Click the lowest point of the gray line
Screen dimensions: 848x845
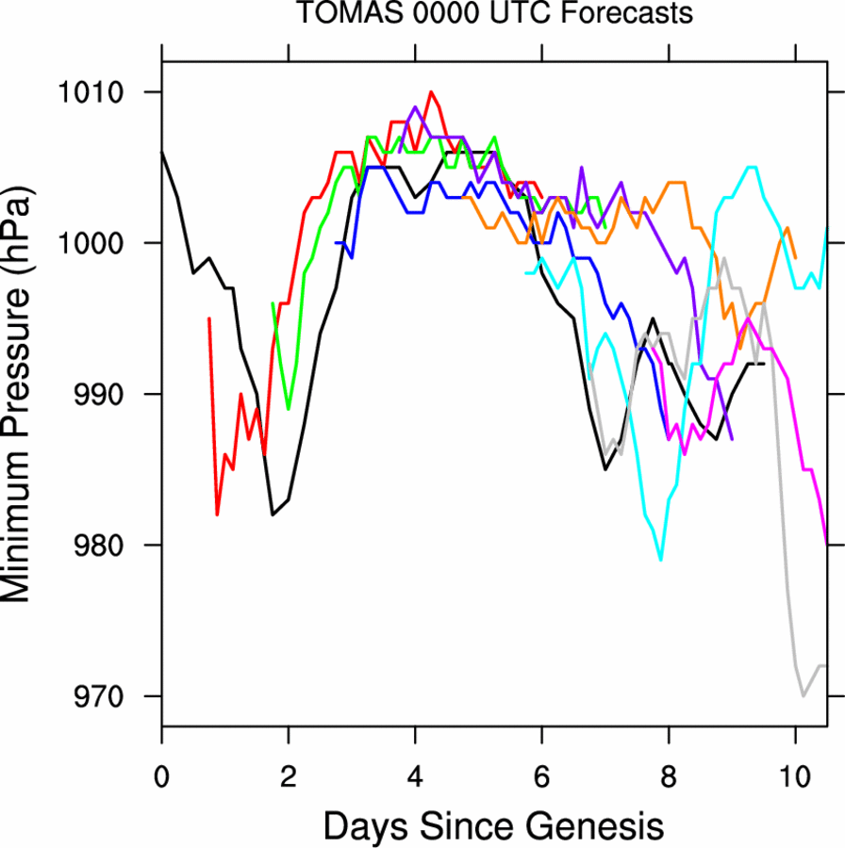[x=804, y=696]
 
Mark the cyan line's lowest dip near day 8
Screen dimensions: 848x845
[x=660, y=560]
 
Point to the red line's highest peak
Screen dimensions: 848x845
[x=431, y=92]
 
